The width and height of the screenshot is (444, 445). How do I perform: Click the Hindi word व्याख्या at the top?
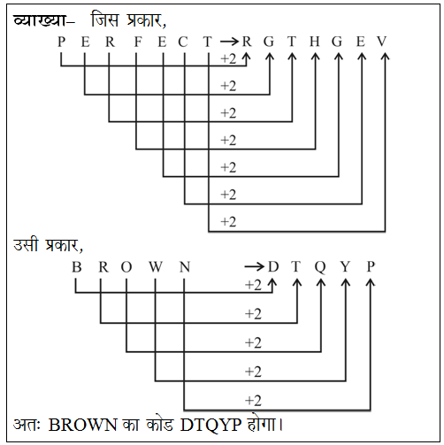[39, 20]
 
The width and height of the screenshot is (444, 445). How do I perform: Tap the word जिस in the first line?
[105, 19]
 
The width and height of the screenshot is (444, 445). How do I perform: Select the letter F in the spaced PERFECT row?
[138, 42]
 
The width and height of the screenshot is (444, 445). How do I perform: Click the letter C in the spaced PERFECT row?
[183, 42]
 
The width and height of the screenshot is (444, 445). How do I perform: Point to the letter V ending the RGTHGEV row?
[382, 42]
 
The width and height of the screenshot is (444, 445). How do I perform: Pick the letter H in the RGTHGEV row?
[315, 42]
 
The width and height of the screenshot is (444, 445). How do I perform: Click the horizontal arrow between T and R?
[229, 42]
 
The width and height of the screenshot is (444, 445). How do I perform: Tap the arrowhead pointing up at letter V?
[385, 57]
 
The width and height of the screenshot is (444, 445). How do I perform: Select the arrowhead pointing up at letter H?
[316, 57]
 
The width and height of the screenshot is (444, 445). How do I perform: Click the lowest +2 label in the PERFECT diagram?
[228, 222]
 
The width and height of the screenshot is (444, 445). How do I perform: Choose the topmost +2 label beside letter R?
[228, 59]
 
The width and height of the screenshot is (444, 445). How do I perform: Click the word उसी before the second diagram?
[26, 244]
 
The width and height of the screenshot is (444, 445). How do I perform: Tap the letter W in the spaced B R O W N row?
[156, 267]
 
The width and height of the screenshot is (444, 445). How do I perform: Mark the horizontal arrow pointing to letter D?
[254, 267]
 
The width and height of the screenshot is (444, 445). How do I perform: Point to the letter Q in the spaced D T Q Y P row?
[320, 267]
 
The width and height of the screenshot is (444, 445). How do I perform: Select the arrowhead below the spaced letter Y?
[346, 282]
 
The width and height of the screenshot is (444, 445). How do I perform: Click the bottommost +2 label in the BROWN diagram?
[253, 401]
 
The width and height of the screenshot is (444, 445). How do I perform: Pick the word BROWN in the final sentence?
[82, 425]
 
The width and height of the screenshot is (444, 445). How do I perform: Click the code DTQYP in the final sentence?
[211, 426]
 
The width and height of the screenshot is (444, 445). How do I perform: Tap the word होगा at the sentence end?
[262, 424]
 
